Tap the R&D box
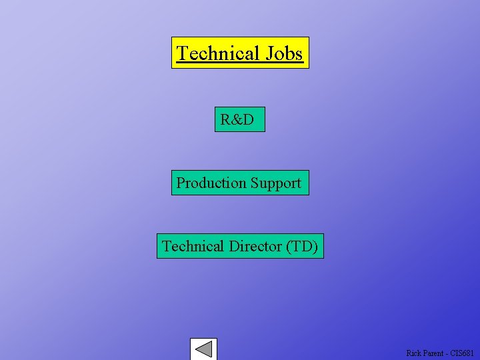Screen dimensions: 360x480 click(239, 119)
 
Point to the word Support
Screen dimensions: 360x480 click(276, 183)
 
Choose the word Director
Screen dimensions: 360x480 click(255, 246)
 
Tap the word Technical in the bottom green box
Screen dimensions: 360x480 click(193, 246)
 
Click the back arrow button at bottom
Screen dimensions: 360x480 click(203, 349)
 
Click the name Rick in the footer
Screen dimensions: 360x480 click(414, 353)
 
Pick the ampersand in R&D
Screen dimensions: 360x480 click(237, 120)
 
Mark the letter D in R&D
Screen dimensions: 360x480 click(248, 120)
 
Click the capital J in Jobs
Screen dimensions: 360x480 click(269, 53)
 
